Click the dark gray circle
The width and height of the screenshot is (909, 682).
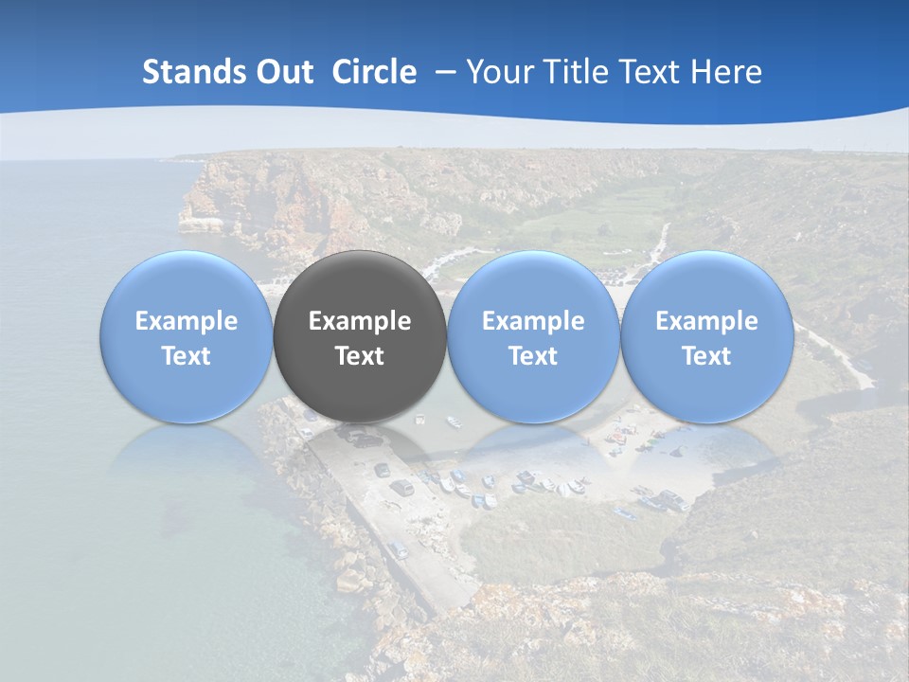point(360,284)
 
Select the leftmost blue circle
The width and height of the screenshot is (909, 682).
point(186,284)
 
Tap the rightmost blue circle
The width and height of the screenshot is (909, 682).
point(706,284)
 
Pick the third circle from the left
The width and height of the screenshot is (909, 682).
point(533,284)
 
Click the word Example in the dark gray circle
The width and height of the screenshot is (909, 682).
point(360,322)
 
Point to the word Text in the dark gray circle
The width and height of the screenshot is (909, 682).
point(360,356)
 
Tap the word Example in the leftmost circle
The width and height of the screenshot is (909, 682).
point(186,322)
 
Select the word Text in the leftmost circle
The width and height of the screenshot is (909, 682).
point(186,356)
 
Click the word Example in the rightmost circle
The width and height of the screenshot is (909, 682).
point(706,322)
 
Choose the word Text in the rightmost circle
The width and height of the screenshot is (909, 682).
point(706,356)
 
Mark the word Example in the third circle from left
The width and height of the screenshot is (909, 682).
point(533,322)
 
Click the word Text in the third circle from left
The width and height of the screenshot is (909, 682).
point(533,356)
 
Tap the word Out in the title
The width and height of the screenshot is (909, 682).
point(281,72)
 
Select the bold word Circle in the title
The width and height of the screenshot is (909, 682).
point(374,72)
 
